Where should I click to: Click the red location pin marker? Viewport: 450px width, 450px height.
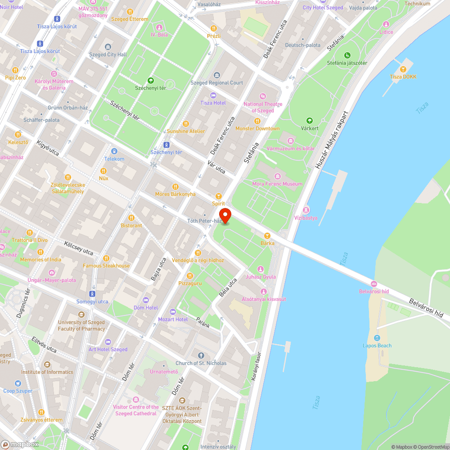pyautogui.click(x=225, y=215)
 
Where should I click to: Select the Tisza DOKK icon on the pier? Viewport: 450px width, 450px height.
pyautogui.click(x=403, y=69)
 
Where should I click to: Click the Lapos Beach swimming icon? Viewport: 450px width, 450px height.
pyautogui.click(x=377, y=338)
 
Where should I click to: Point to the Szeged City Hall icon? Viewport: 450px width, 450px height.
pyautogui.click(x=108, y=47)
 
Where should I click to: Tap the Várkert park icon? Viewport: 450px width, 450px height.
pyautogui.click(x=309, y=121)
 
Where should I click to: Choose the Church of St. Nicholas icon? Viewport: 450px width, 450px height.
pyautogui.click(x=201, y=355)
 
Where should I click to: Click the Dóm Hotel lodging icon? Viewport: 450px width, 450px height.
pyautogui.click(x=145, y=300)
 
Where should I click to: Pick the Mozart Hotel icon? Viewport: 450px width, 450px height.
pyautogui.click(x=173, y=312)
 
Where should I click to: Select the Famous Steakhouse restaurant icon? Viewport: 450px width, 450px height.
pyautogui.click(x=106, y=258)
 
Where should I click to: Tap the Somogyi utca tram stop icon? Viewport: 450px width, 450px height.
pyautogui.click(x=92, y=294)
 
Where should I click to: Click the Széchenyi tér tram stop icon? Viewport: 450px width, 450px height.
pyautogui.click(x=166, y=145)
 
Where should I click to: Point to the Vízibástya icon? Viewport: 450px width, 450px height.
pyautogui.click(x=306, y=210)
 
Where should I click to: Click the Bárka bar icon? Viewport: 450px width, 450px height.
pyautogui.click(x=267, y=236)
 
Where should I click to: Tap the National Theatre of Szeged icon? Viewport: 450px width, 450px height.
pyautogui.click(x=263, y=96)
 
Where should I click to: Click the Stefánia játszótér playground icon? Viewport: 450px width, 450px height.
pyautogui.click(x=347, y=55)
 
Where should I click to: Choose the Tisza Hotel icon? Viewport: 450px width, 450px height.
pyautogui.click(x=213, y=95)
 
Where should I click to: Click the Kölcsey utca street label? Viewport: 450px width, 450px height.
pyautogui.click(x=78, y=247)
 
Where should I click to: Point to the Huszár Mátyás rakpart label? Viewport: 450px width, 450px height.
pyautogui.click(x=332, y=140)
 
